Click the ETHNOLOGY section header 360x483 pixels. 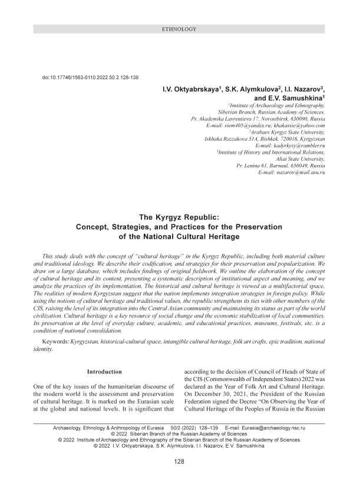point(180,29)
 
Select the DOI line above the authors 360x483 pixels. point(90,78)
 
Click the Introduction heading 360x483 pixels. point(104,372)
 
